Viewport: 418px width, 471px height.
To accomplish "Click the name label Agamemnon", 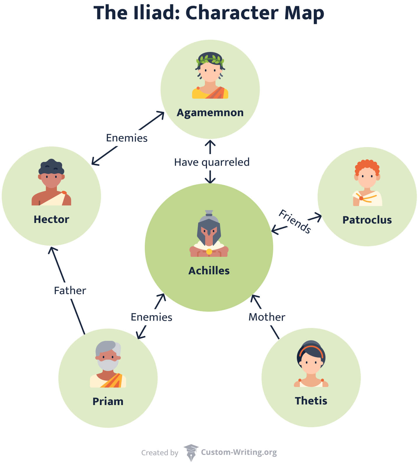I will click(x=210, y=113).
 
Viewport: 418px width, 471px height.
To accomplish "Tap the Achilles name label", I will click(x=209, y=271).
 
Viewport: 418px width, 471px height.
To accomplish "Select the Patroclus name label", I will click(x=367, y=220).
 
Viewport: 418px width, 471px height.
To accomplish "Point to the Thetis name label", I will click(x=311, y=401).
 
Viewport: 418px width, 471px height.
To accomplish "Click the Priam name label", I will click(x=108, y=402).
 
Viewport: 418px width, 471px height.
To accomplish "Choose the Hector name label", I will click(x=51, y=219).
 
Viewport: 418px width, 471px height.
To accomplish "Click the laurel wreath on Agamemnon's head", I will click(x=210, y=60).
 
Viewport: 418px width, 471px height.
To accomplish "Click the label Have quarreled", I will click(x=212, y=162).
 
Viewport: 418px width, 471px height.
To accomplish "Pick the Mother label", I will click(x=267, y=317).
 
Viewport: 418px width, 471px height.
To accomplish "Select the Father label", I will click(x=70, y=291).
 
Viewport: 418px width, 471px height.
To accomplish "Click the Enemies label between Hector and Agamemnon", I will click(x=127, y=138).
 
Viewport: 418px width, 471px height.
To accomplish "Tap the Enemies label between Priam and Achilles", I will click(x=151, y=317).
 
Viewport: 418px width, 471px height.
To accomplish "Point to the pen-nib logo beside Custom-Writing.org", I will click(x=191, y=453).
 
